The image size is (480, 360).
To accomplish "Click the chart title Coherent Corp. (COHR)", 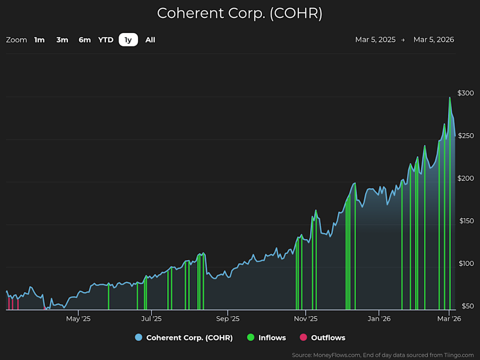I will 239,13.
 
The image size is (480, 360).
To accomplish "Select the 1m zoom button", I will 39,40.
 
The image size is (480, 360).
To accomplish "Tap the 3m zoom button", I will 62,40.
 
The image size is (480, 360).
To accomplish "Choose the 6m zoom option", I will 84,40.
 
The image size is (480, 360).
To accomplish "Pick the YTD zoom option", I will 105,40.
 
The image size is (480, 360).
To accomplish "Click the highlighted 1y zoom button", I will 128,40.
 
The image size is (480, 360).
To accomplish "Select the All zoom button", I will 150,40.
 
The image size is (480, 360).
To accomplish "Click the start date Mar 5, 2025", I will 375,40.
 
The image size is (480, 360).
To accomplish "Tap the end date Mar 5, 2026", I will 433,40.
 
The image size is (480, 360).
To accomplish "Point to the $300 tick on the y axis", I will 465,93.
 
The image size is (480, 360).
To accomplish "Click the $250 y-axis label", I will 465,136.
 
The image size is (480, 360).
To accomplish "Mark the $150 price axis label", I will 465,221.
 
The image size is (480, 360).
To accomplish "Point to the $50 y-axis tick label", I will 467,306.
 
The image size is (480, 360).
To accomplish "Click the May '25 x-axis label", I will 78,318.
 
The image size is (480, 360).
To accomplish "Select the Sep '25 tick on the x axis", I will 227,318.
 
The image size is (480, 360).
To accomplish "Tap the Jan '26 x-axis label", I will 378,318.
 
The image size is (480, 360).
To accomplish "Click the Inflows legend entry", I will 266,337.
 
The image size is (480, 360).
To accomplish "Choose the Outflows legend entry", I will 322,337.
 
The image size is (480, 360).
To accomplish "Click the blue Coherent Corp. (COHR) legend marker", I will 138,337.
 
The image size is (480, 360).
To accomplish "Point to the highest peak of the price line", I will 449,97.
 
